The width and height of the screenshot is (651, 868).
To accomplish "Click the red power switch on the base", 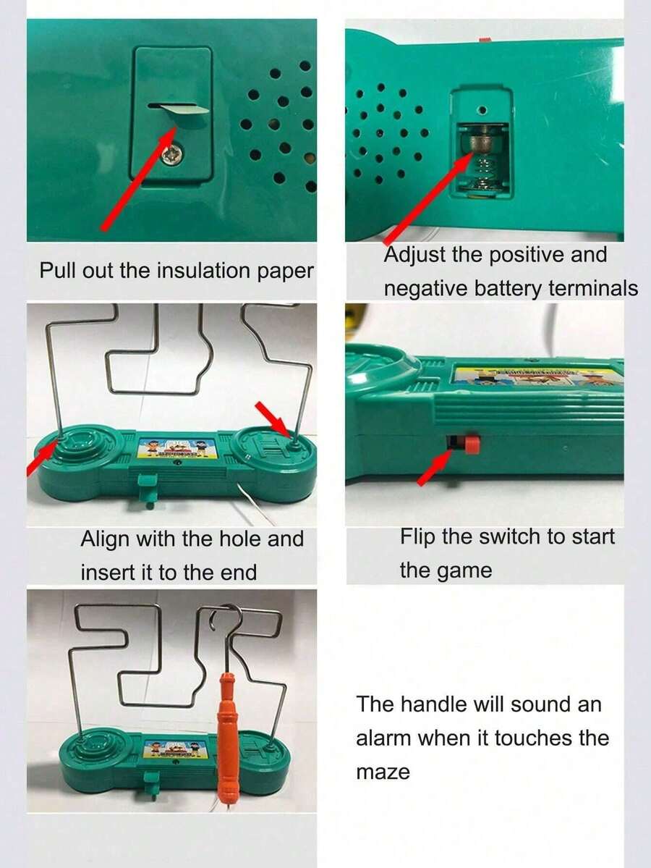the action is click(472, 444).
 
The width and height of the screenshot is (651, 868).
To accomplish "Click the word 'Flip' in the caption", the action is click(417, 537).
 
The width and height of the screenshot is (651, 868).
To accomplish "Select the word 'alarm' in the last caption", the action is click(383, 738).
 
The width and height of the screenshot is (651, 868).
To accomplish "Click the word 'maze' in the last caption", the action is click(383, 772).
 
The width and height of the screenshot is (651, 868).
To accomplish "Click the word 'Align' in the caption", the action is click(105, 539).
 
